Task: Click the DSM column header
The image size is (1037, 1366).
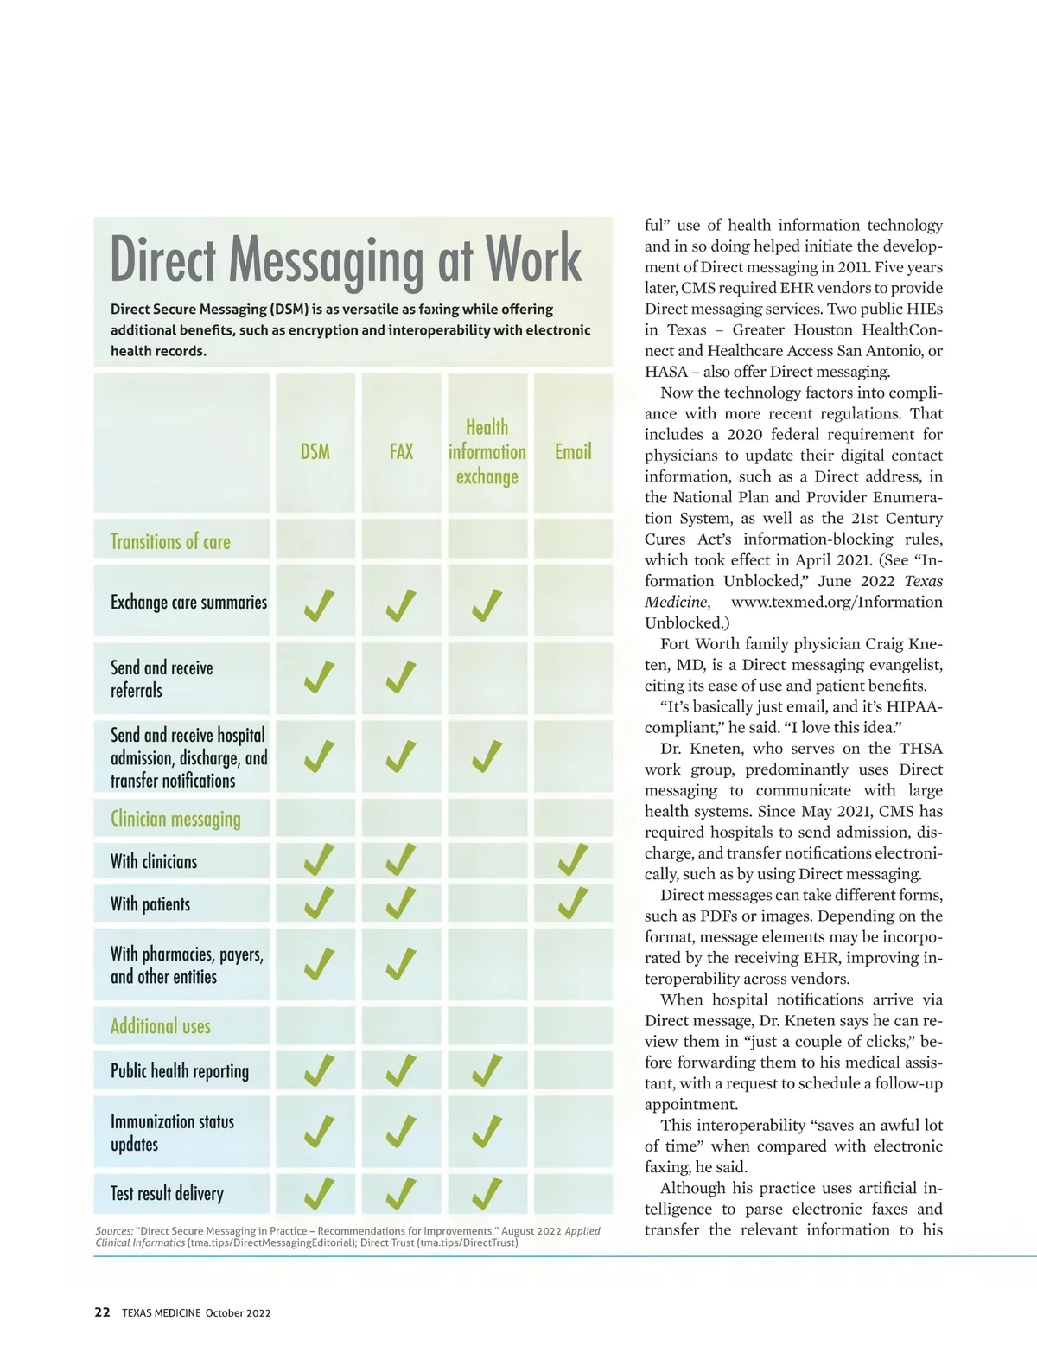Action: pos(315,451)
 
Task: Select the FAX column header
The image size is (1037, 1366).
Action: pos(401,451)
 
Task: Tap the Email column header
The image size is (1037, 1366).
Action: pos(573,451)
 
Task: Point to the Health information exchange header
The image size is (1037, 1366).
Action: pos(487,451)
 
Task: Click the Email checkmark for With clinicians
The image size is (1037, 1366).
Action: pos(573,860)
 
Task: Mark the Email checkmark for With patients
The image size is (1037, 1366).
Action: pos(573,903)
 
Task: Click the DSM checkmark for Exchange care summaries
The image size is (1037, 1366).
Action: pos(319,605)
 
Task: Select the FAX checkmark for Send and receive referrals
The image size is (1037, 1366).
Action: pos(401,677)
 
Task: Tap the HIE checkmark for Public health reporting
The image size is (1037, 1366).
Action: pos(487,1070)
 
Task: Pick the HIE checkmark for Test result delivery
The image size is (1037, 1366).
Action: pos(487,1193)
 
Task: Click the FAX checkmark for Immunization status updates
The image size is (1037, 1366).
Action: pos(401,1132)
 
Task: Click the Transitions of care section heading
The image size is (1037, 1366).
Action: pos(170,542)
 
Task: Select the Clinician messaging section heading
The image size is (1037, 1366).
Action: pos(175,819)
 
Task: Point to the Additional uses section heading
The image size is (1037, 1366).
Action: pos(161,1026)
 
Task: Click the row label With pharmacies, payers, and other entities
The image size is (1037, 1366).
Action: pos(187,965)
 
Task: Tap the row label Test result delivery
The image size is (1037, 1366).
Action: pos(167,1194)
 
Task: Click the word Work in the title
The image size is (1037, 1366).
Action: pos(533,259)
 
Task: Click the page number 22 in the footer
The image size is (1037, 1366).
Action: pos(102,1312)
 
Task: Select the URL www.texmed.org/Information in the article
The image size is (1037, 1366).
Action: pos(837,602)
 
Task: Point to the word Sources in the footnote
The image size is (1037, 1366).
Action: pos(114,1231)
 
